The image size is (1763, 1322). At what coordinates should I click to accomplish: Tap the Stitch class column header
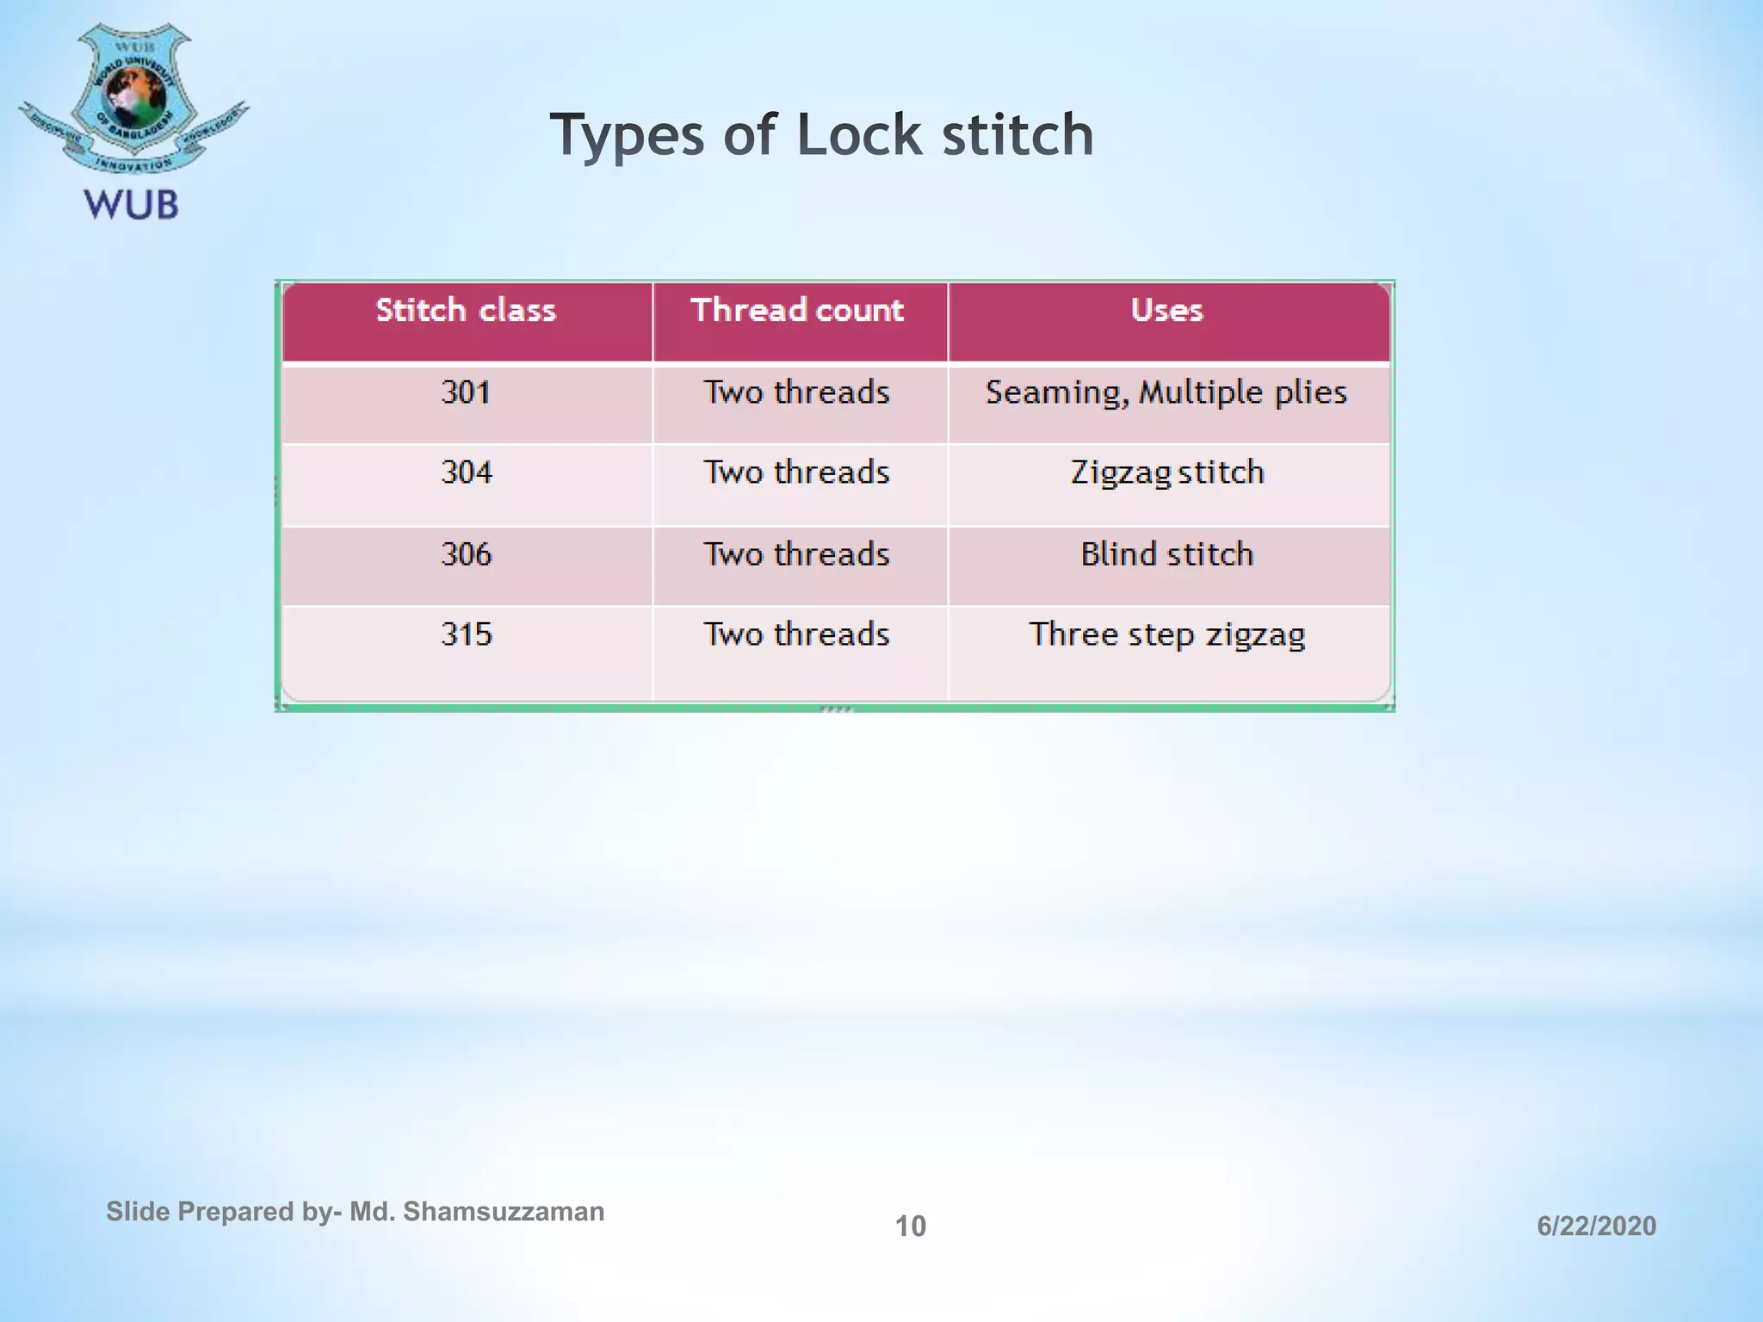466,310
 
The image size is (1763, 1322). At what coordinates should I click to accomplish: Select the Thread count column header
797,310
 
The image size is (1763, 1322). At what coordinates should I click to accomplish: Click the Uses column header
1166,310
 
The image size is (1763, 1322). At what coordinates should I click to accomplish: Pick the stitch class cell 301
466,392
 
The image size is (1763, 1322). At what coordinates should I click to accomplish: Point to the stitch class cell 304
466,473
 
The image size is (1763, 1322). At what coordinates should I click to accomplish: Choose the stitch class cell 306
466,554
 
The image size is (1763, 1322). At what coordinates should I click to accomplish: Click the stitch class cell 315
466,634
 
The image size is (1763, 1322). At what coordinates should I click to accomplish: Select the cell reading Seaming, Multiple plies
1166,392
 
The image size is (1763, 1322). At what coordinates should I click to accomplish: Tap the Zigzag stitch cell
1166,473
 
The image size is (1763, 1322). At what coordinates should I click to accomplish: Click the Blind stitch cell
1166,554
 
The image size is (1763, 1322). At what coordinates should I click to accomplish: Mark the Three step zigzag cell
1166,634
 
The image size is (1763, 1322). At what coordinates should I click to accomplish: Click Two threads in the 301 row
797,392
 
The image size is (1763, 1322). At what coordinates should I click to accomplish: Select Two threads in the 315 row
797,634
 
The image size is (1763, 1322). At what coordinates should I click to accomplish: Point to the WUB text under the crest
131,205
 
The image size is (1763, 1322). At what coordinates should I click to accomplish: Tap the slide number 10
911,1226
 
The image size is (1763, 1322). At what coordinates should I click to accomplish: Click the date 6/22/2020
1596,1226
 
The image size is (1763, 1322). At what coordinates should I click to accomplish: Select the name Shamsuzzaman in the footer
504,1212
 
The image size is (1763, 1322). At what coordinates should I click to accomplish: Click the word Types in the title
628,135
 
